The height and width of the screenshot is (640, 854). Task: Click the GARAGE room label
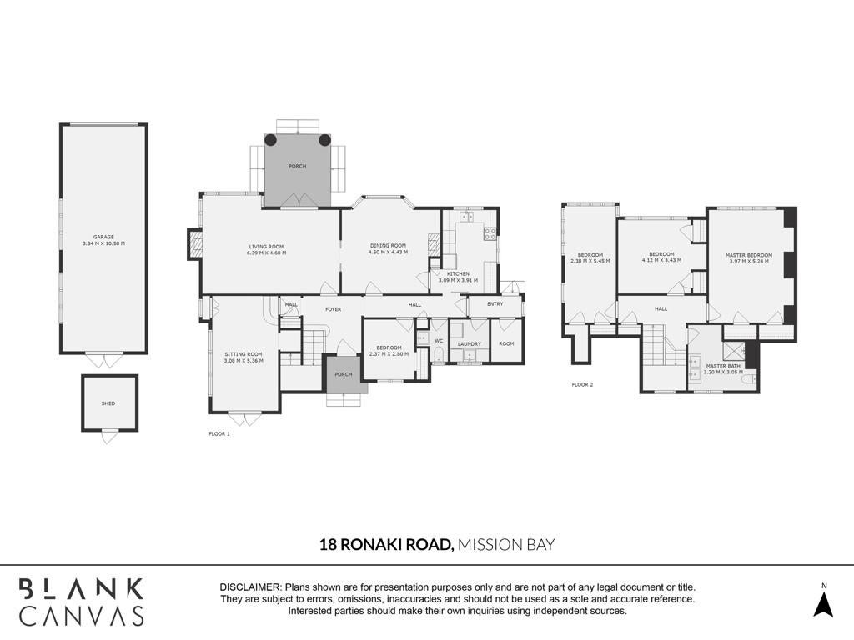[x=103, y=237]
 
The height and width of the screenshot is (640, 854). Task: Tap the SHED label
[x=108, y=403]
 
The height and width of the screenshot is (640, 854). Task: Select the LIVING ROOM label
[x=266, y=247]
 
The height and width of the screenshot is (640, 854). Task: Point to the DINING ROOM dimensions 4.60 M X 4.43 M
[x=388, y=252]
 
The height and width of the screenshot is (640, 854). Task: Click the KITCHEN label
[x=458, y=273]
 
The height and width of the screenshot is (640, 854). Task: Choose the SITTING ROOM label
[x=244, y=353]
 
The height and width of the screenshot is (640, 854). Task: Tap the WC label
[x=439, y=341]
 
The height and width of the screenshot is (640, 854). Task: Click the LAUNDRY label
[x=470, y=344]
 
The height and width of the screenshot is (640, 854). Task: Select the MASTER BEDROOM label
[x=749, y=255]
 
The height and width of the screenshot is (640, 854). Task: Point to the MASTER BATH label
[x=723, y=366]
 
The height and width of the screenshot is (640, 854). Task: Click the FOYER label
[x=334, y=309]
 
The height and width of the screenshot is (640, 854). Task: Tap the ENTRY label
[x=495, y=303]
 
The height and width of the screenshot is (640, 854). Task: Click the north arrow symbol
[x=824, y=604]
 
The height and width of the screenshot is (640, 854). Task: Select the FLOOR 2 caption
[x=582, y=384]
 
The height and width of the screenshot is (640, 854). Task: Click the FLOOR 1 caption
[x=219, y=433]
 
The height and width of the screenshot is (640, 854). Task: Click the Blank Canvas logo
[x=82, y=602]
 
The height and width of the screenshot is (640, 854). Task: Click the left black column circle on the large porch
[x=271, y=139]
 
